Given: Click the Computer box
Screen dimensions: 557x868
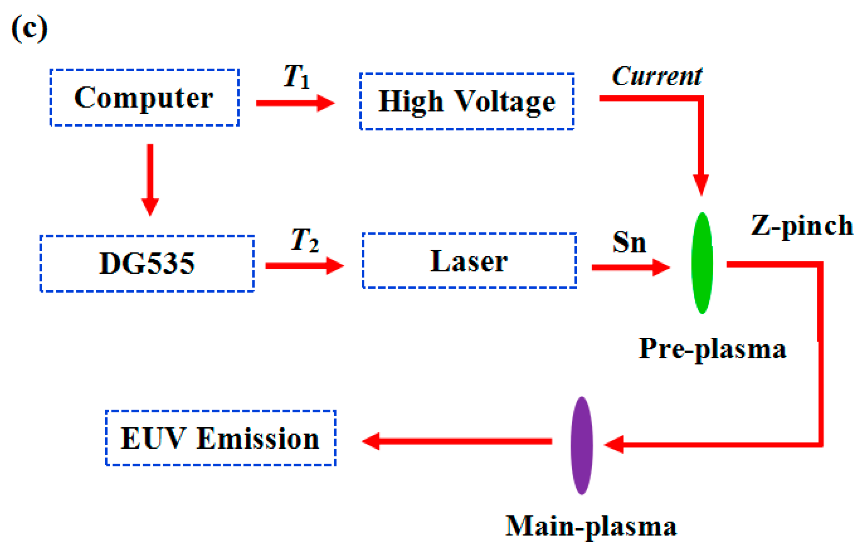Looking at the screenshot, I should click(x=144, y=97).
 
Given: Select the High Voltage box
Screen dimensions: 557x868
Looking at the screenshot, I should click(x=467, y=101).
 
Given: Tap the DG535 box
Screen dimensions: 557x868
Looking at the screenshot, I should click(x=147, y=263).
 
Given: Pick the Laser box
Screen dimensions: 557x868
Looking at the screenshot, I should click(x=469, y=261).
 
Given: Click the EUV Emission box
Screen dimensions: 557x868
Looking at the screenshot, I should click(x=221, y=438).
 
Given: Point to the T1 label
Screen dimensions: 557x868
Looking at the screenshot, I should click(x=296, y=77).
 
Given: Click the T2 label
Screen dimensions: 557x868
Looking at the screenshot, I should click(x=305, y=240).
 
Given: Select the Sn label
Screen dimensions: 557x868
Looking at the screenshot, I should click(x=629, y=242).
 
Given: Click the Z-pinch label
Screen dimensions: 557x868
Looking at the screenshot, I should click(x=802, y=226).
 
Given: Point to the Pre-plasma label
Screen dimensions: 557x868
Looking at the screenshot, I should click(x=712, y=349).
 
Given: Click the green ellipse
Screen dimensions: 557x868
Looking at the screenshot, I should click(x=702, y=263).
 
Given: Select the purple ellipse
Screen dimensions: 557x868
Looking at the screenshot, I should click(x=582, y=445).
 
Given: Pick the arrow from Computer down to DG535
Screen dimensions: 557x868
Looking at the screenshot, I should click(x=150, y=179).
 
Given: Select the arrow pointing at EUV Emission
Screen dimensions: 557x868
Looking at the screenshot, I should click(x=456, y=441).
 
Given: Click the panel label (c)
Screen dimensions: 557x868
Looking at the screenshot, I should click(x=30, y=29).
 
